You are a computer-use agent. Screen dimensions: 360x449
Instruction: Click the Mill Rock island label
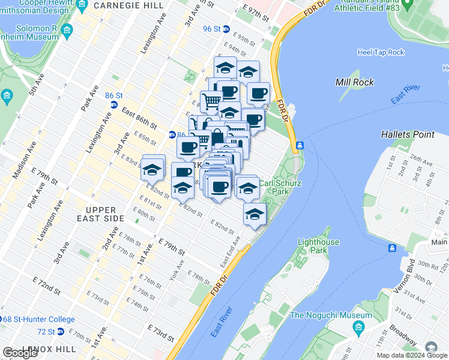click(x=355, y=82)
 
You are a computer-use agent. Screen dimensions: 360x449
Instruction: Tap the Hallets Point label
click(x=409, y=134)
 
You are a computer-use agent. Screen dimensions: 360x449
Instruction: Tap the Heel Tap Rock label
click(x=381, y=52)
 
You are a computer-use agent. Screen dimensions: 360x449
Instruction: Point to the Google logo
click(x=20, y=353)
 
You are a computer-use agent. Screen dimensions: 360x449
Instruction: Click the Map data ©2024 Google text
click(x=411, y=355)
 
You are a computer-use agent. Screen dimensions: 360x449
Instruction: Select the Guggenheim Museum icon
click(x=67, y=30)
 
